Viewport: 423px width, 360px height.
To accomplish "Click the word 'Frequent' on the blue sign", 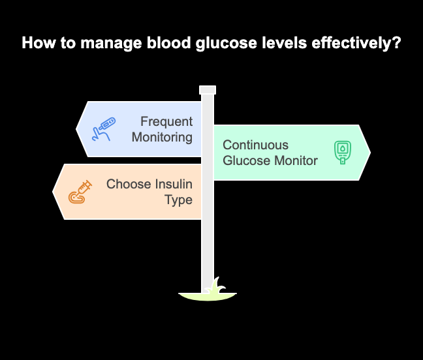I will point(166,122).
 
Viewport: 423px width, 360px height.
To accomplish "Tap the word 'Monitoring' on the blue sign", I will point(162,137).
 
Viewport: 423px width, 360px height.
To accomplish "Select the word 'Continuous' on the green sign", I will point(255,145).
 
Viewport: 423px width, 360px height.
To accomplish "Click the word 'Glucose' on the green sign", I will point(245,160).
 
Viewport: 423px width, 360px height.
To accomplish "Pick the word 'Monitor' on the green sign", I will point(294,160).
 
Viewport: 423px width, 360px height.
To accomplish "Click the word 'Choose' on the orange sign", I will point(129,184).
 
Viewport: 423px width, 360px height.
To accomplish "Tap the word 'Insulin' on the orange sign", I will point(173,184).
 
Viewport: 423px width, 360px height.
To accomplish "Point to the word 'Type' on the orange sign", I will point(178,200).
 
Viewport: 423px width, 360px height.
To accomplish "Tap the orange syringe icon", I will point(80,192).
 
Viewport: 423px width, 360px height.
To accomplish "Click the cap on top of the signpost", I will point(208,90).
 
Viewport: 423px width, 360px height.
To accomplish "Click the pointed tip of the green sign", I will point(369,153).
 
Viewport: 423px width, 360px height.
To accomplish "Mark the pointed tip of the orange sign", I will point(54,192).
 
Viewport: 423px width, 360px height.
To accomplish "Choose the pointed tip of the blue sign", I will point(77,129).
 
